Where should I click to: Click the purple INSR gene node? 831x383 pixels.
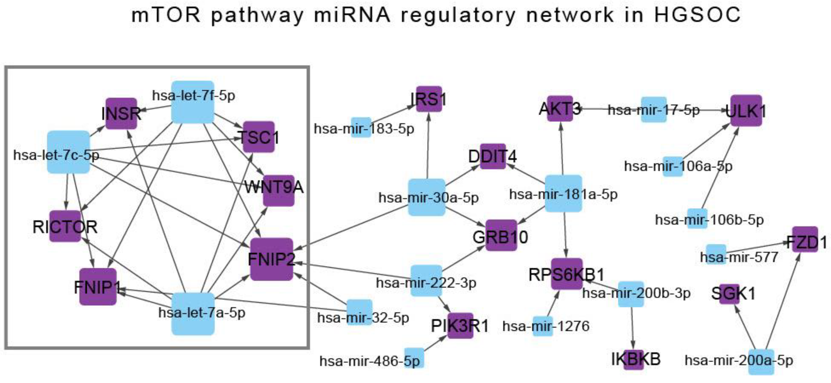[121, 113]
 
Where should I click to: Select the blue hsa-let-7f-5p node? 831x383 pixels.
[193, 102]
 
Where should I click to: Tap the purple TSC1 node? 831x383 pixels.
[258, 137]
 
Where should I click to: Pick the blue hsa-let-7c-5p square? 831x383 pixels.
[68, 152]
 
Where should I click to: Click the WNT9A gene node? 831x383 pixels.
[278, 191]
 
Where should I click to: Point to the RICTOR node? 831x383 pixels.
[65, 226]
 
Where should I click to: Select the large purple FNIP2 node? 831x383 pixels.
[272, 259]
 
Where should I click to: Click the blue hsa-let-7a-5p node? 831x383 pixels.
[193, 314]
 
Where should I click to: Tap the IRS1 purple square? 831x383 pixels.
[429, 99]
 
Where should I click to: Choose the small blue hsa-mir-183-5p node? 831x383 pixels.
[361, 127]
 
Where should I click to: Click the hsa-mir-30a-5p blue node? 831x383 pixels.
[427, 197]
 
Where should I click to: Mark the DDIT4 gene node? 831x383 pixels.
[493, 156]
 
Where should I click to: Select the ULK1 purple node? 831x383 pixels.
[746, 110]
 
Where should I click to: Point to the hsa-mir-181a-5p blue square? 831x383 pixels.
[563, 193]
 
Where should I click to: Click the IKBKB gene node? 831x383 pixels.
[633, 359]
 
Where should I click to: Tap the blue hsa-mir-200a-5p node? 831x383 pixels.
[761, 362]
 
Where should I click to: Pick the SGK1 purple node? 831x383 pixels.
[729, 294]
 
